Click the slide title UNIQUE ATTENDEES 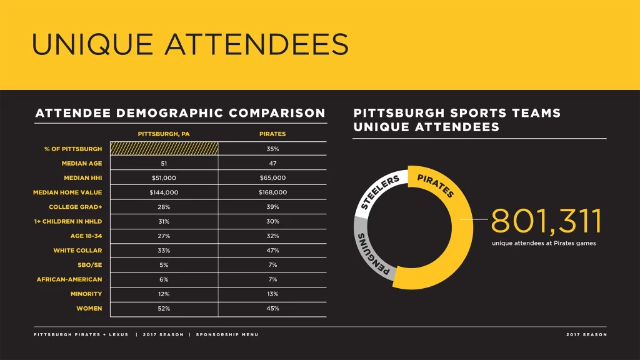pyautogui.click(x=190, y=44)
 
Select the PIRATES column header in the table pyautogui.click(x=272, y=134)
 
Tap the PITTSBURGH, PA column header pyautogui.click(x=164, y=134)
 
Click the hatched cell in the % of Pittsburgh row pyautogui.click(x=164, y=149)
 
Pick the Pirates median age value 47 pyautogui.click(x=272, y=163)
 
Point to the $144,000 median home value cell pyautogui.click(x=164, y=192)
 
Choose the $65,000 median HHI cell pyautogui.click(x=272, y=177)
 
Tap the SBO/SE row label pyautogui.click(x=89, y=265)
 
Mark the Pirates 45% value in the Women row pyautogui.click(x=272, y=309)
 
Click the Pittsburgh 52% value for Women pyautogui.click(x=164, y=309)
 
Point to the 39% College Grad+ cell pyautogui.click(x=272, y=207)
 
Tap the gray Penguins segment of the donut pyautogui.click(x=369, y=250)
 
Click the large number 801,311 pyautogui.click(x=546, y=221)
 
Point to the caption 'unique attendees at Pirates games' pyautogui.click(x=544, y=243)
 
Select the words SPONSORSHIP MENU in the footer pyautogui.click(x=227, y=334)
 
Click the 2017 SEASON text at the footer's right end pyautogui.click(x=586, y=334)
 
